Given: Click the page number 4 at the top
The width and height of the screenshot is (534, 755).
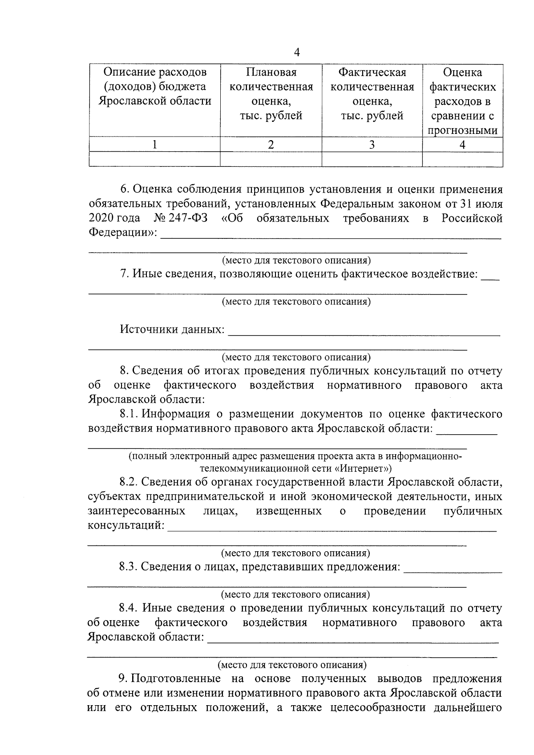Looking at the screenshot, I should point(297,52).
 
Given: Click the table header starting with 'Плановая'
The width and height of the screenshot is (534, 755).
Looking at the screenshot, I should point(271,94).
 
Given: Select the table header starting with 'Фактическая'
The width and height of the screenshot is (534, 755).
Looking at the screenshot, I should point(372,94).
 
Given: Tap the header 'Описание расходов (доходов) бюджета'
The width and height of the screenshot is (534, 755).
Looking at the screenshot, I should point(155,86).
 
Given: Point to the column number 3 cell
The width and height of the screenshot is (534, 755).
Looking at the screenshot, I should point(372,145).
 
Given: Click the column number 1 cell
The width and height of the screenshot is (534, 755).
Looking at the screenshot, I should point(154,145).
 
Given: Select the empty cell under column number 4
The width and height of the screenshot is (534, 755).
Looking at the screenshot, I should point(462,159).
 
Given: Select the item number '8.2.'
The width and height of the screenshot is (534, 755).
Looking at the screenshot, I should point(129,482).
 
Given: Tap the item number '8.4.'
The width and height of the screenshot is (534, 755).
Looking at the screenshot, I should point(129,608).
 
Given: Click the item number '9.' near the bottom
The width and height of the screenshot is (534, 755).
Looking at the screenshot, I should point(123,678).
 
